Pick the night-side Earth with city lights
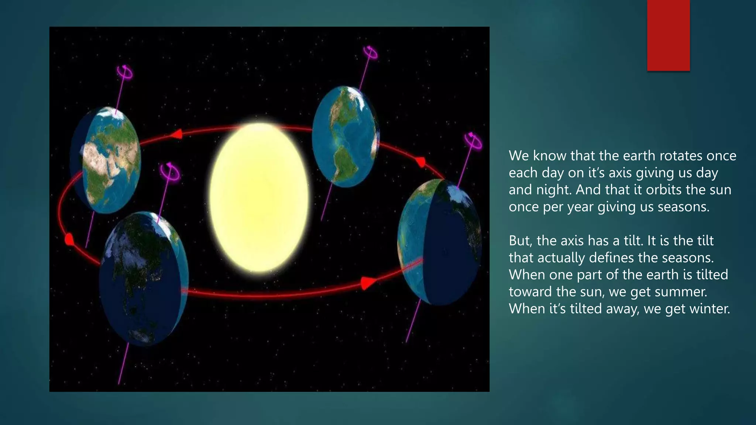click(x=144, y=279)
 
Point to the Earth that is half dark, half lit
click(x=439, y=242)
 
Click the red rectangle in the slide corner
click(x=668, y=35)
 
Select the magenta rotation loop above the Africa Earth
click(x=125, y=72)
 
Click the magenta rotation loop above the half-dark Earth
click(x=473, y=141)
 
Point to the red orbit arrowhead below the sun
click(x=367, y=283)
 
